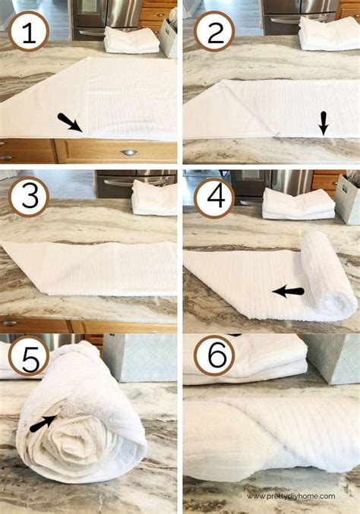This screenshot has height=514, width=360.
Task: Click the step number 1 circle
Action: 29,31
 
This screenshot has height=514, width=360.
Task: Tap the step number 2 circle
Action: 214,31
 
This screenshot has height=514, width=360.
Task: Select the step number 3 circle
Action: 29,197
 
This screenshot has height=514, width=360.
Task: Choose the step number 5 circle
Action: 29,355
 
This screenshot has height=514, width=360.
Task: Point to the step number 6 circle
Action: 214,355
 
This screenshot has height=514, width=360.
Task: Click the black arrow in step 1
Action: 70,122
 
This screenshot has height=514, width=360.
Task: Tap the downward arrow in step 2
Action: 324,123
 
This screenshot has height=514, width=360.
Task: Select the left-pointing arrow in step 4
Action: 288,292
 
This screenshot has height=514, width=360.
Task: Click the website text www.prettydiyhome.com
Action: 291,497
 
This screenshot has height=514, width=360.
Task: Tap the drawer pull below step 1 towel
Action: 129,153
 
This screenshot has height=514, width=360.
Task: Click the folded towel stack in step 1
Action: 132,40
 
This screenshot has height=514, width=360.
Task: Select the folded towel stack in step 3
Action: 154,197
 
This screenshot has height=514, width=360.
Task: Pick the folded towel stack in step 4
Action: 298,203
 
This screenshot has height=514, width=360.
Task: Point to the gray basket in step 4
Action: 348,199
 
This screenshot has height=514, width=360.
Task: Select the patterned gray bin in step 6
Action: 332,358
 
